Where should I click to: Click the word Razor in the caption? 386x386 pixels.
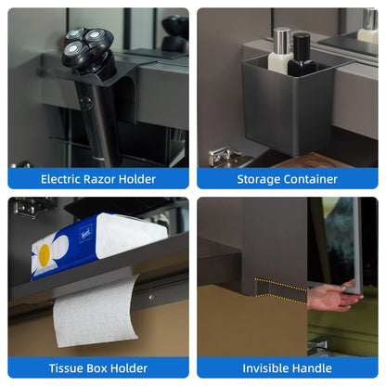pos(99,179)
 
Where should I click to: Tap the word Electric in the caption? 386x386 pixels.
pos(60,179)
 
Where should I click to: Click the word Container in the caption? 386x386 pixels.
pos(311,179)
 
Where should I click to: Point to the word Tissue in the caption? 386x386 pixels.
pos(66,368)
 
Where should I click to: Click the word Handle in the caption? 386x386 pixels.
pos(312,368)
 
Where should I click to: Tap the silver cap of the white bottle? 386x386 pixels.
pos(281,41)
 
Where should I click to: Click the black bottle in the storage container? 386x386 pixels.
pos(301,55)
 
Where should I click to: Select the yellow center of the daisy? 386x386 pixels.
pos(45,255)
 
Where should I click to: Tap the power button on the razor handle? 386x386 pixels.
pos(85,103)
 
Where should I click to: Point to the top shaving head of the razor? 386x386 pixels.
pos(74,33)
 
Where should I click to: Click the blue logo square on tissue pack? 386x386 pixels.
pos(86,234)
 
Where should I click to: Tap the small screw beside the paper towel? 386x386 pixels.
pos(151,297)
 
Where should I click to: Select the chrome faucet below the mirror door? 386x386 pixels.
pos(319,346)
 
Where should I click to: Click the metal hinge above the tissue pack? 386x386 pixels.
pos(32,206)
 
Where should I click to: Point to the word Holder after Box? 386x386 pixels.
pos(129,368)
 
